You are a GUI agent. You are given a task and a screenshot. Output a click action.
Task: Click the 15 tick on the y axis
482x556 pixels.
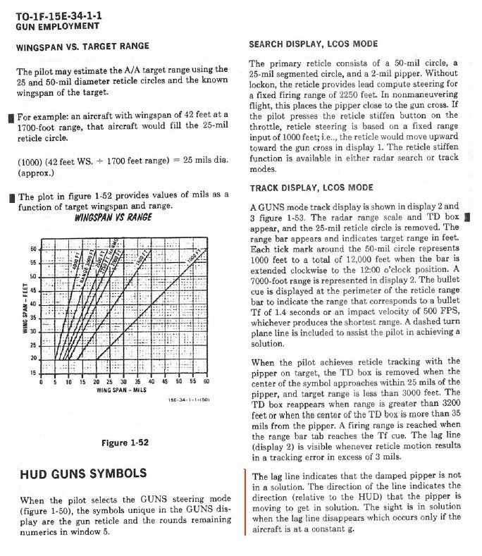tap(32, 373)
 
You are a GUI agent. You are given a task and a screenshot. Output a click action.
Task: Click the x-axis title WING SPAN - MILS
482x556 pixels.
tap(121, 390)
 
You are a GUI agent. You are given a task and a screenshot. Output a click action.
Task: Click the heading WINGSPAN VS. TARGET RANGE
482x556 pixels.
tap(82, 47)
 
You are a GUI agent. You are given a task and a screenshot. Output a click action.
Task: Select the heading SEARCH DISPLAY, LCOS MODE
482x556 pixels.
tap(313, 44)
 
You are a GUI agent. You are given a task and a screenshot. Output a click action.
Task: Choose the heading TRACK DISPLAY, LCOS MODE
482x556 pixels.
tap(311, 189)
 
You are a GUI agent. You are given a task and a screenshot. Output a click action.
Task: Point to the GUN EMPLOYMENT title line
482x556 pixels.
tap(56, 26)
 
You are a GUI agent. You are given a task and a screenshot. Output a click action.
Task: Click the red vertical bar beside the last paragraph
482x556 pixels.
tap(245, 500)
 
